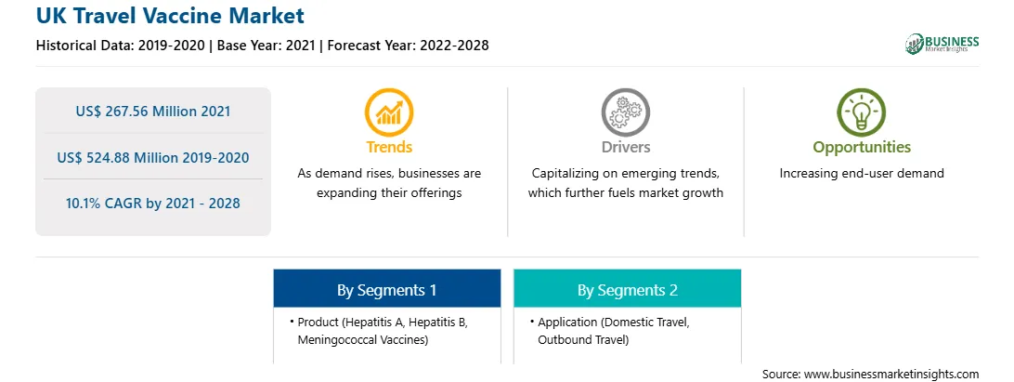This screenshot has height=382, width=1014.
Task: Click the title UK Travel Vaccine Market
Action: (x=169, y=16)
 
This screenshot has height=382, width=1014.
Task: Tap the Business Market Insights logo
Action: (x=942, y=44)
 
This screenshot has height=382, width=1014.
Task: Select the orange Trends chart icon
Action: (x=389, y=112)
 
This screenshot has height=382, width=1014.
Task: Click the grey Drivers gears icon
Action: (x=625, y=112)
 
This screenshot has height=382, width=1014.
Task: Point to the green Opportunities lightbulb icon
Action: (x=862, y=112)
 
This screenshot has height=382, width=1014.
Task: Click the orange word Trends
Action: (x=389, y=147)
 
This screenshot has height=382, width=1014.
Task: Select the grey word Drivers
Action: (x=625, y=147)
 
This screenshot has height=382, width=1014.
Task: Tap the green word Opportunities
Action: (x=862, y=148)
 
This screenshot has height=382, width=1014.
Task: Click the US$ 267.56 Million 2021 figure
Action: (x=153, y=112)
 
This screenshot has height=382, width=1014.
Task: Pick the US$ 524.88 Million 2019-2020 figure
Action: (x=153, y=157)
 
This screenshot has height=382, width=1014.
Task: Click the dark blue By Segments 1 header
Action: (x=386, y=289)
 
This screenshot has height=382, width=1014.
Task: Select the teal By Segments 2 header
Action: (x=628, y=289)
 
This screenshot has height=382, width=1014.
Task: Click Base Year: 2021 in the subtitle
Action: (x=266, y=46)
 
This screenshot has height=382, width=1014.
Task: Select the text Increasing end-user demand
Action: (x=862, y=174)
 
